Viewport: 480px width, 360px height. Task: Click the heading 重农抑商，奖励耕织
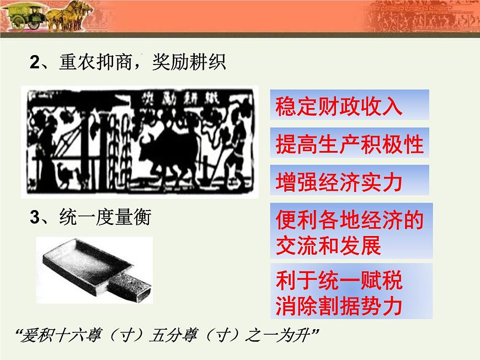[127, 63]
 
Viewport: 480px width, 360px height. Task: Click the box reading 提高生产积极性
[349, 144]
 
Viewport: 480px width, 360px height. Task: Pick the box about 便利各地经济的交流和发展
[349, 232]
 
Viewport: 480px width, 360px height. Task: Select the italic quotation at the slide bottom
[168, 336]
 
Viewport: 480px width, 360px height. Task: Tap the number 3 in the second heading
[35, 219]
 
